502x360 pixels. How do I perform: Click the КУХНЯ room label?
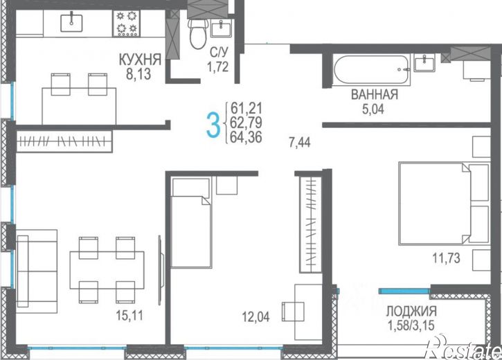tap(140, 60)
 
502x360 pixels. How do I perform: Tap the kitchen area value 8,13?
tap(138, 74)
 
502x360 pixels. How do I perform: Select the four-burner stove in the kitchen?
tap(126, 23)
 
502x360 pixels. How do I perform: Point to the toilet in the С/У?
tap(199, 33)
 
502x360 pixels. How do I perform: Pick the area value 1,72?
tap(217, 67)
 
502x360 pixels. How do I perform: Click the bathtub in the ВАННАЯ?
tap(371, 69)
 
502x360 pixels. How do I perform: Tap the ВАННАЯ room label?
tap(375, 95)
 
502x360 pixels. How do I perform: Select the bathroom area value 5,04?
tap(373, 109)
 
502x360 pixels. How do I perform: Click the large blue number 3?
tap(213, 125)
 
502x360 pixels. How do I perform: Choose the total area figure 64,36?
tap(246, 137)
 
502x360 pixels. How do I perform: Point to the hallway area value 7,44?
tap(300, 142)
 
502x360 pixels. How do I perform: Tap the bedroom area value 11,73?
tap(447, 258)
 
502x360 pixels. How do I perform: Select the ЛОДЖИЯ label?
tap(411, 311)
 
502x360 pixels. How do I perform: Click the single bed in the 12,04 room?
tap(191, 222)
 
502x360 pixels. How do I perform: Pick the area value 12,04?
tap(256, 317)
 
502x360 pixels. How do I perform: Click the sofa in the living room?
tap(37, 271)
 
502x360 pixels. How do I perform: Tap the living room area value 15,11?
tap(129, 316)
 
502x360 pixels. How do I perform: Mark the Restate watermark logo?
tap(463, 348)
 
